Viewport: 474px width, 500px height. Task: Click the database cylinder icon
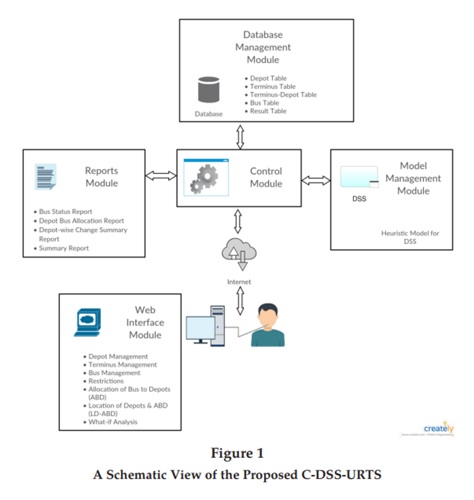pos(209,90)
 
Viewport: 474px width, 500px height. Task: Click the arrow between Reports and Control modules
pos(161,175)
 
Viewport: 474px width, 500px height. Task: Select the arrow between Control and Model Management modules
pos(316,181)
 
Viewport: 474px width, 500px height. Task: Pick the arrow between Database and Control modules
pos(240,136)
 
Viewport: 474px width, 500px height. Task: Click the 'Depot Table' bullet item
pos(268,79)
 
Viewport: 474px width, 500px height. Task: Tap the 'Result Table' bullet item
pos(268,111)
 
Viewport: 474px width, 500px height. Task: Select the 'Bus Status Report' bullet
pos(66,212)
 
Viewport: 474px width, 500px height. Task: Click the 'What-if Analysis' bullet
pos(113,422)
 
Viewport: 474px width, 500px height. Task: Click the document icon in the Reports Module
pos(45,177)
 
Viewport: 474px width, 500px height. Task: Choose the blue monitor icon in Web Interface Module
pos(87,321)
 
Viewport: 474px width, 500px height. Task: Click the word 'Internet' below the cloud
pos(239,282)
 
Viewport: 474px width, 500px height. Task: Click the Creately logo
pos(438,429)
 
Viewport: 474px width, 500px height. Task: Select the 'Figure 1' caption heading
pos(237,453)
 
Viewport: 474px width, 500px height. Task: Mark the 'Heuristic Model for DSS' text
pos(410,237)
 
